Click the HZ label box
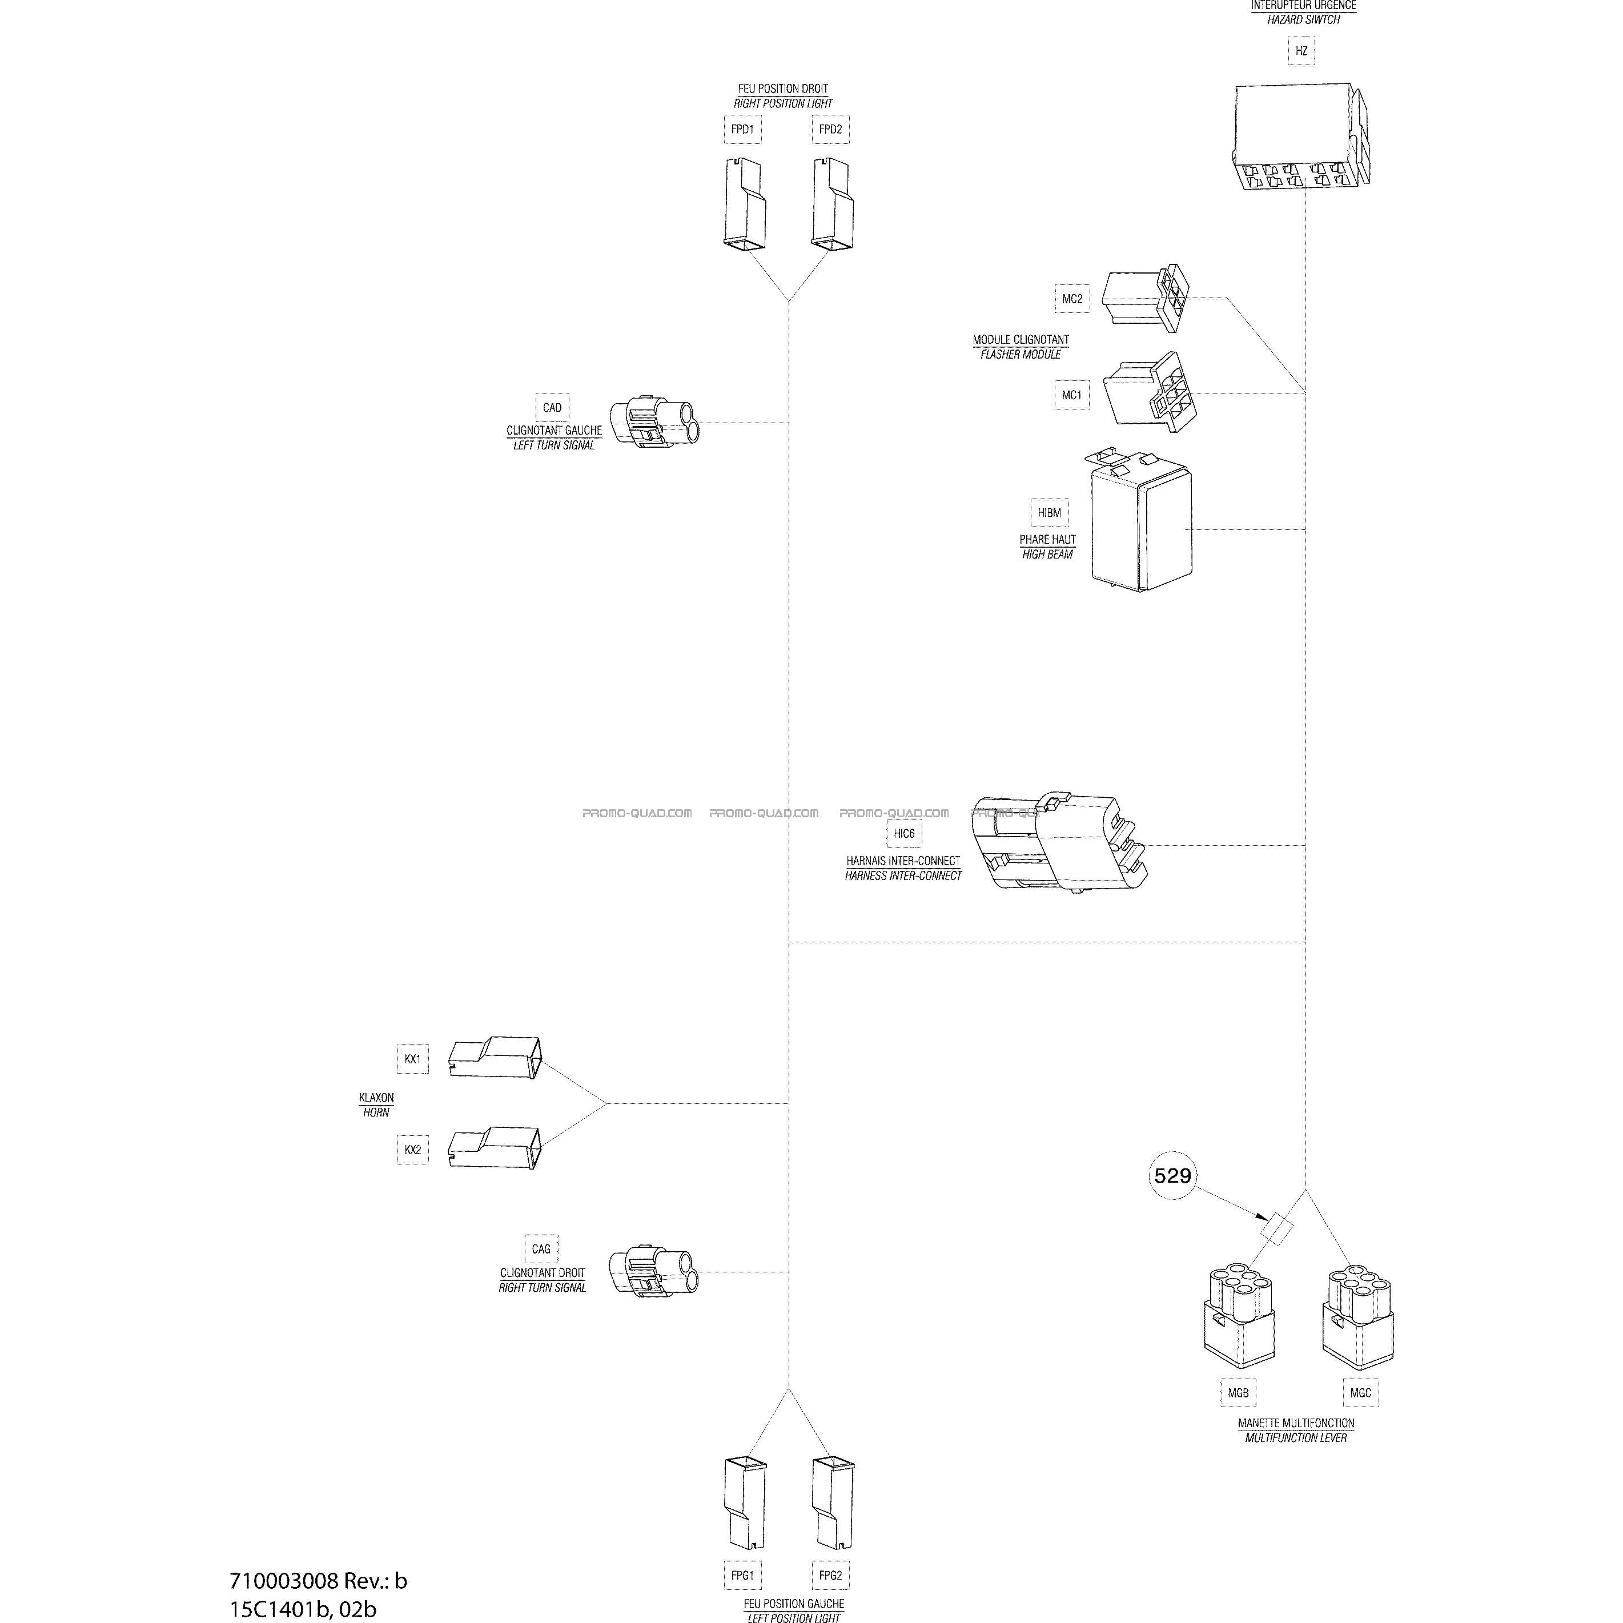(x=1301, y=51)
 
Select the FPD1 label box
(x=742, y=130)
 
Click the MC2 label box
(x=1072, y=299)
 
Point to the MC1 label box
(x=1072, y=395)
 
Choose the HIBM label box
(x=1049, y=512)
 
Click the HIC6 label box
(x=904, y=833)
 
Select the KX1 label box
(x=412, y=1059)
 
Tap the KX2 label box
(x=412, y=1150)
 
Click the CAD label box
(x=552, y=407)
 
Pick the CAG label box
(x=541, y=1249)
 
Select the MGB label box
(x=1238, y=1393)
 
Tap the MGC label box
(x=1361, y=1393)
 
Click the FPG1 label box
(x=742, y=1576)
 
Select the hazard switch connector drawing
(x=1301, y=136)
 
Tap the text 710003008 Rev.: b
(x=319, y=1581)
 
